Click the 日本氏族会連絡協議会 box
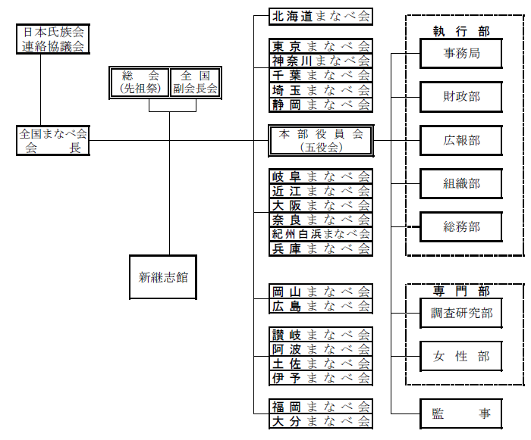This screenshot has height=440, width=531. coord(52,39)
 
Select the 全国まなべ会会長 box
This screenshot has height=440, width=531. coord(53,141)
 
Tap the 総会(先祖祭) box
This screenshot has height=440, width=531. coord(138,82)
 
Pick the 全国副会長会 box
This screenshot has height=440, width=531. coord(195,82)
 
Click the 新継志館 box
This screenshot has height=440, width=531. coord(163,277)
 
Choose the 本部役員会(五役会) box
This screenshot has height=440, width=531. coord(321,141)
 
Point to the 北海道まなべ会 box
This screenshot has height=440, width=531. coord(321,16)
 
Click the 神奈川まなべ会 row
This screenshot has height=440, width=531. coord(321,61)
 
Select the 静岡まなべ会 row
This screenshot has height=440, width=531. coord(321,105)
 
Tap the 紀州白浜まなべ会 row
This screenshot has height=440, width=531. coord(321,234)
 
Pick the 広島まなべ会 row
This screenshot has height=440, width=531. coord(321,306)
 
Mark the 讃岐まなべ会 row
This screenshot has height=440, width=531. coord(321,335)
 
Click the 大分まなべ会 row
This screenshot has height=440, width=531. coord(321,421)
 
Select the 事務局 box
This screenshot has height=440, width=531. coord(461,54)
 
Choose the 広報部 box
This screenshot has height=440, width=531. coord(461,141)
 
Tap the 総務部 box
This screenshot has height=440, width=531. coord(461,226)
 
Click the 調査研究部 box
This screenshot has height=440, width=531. coord(461,313)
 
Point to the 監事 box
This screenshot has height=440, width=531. coord(461,413)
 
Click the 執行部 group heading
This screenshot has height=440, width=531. coord(461,32)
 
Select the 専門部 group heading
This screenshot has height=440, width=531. coord(461,292)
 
